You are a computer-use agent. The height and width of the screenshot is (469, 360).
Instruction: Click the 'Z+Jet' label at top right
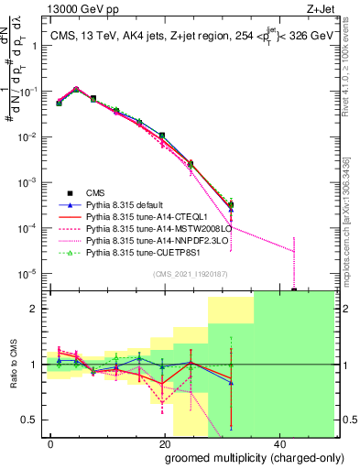[323, 9]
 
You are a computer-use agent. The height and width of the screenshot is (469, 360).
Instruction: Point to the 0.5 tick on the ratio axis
[34, 420]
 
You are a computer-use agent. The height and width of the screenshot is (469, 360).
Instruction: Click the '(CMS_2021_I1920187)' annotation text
[191, 273]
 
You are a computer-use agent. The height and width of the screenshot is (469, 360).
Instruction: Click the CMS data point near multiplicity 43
[294, 290]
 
